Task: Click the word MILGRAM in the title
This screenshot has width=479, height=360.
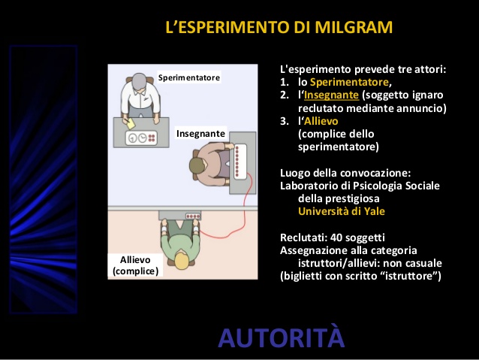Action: pyautogui.click(x=354, y=27)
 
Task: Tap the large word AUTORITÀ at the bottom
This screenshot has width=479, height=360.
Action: pyautogui.click(x=282, y=337)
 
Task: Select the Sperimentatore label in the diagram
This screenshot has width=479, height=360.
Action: pyautogui.click(x=189, y=77)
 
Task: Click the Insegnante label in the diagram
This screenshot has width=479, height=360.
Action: pyautogui.click(x=200, y=134)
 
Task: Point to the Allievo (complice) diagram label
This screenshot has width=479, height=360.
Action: pyautogui.click(x=135, y=265)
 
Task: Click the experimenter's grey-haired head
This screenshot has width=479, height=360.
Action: pyautogui.click(x=140, y=81)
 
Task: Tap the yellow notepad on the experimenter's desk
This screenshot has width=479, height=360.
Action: pyautogui.click(x=131, y=124)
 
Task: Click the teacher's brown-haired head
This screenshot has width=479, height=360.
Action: pyautogui.click(x=197, y=166)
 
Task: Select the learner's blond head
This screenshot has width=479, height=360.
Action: pyautogui.click(x=181, y=260)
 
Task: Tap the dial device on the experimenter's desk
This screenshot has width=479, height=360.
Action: pyautogui.click(x=141, y=138)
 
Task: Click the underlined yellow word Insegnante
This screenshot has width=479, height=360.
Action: pyautogui.click(x=331, y=95)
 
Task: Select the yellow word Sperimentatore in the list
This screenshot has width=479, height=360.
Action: pyautogui.click(x=349, y=82)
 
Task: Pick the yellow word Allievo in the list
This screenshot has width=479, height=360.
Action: pyautogui.click(x=321, y=121)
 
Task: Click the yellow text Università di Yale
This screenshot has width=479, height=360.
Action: pyautogui.click(x=342, y=211)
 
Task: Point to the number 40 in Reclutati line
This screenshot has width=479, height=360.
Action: pyautogui.click(x=336, y=237)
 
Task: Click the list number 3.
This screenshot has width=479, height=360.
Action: pyautogui.click(x=284, y=121)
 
